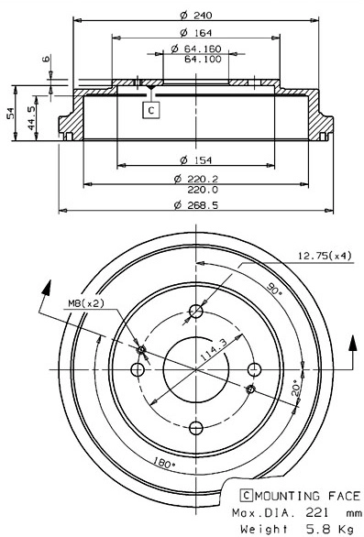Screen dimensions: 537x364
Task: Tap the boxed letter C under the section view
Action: point(149,110)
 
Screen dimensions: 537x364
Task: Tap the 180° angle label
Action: point(165,464)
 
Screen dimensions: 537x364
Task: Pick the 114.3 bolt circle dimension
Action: point(213,355)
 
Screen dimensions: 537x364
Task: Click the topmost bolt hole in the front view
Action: point(194,312)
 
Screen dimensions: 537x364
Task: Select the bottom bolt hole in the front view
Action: point(194,426)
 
